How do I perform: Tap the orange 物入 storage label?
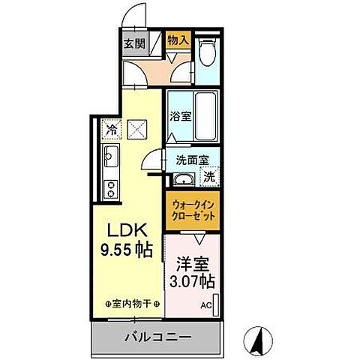tap(178, 40)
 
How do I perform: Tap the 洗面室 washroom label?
tap(191, 160)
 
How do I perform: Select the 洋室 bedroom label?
tap(192, 265)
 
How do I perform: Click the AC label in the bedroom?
tap(205, 305)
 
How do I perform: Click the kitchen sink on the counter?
tap(109, 159)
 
